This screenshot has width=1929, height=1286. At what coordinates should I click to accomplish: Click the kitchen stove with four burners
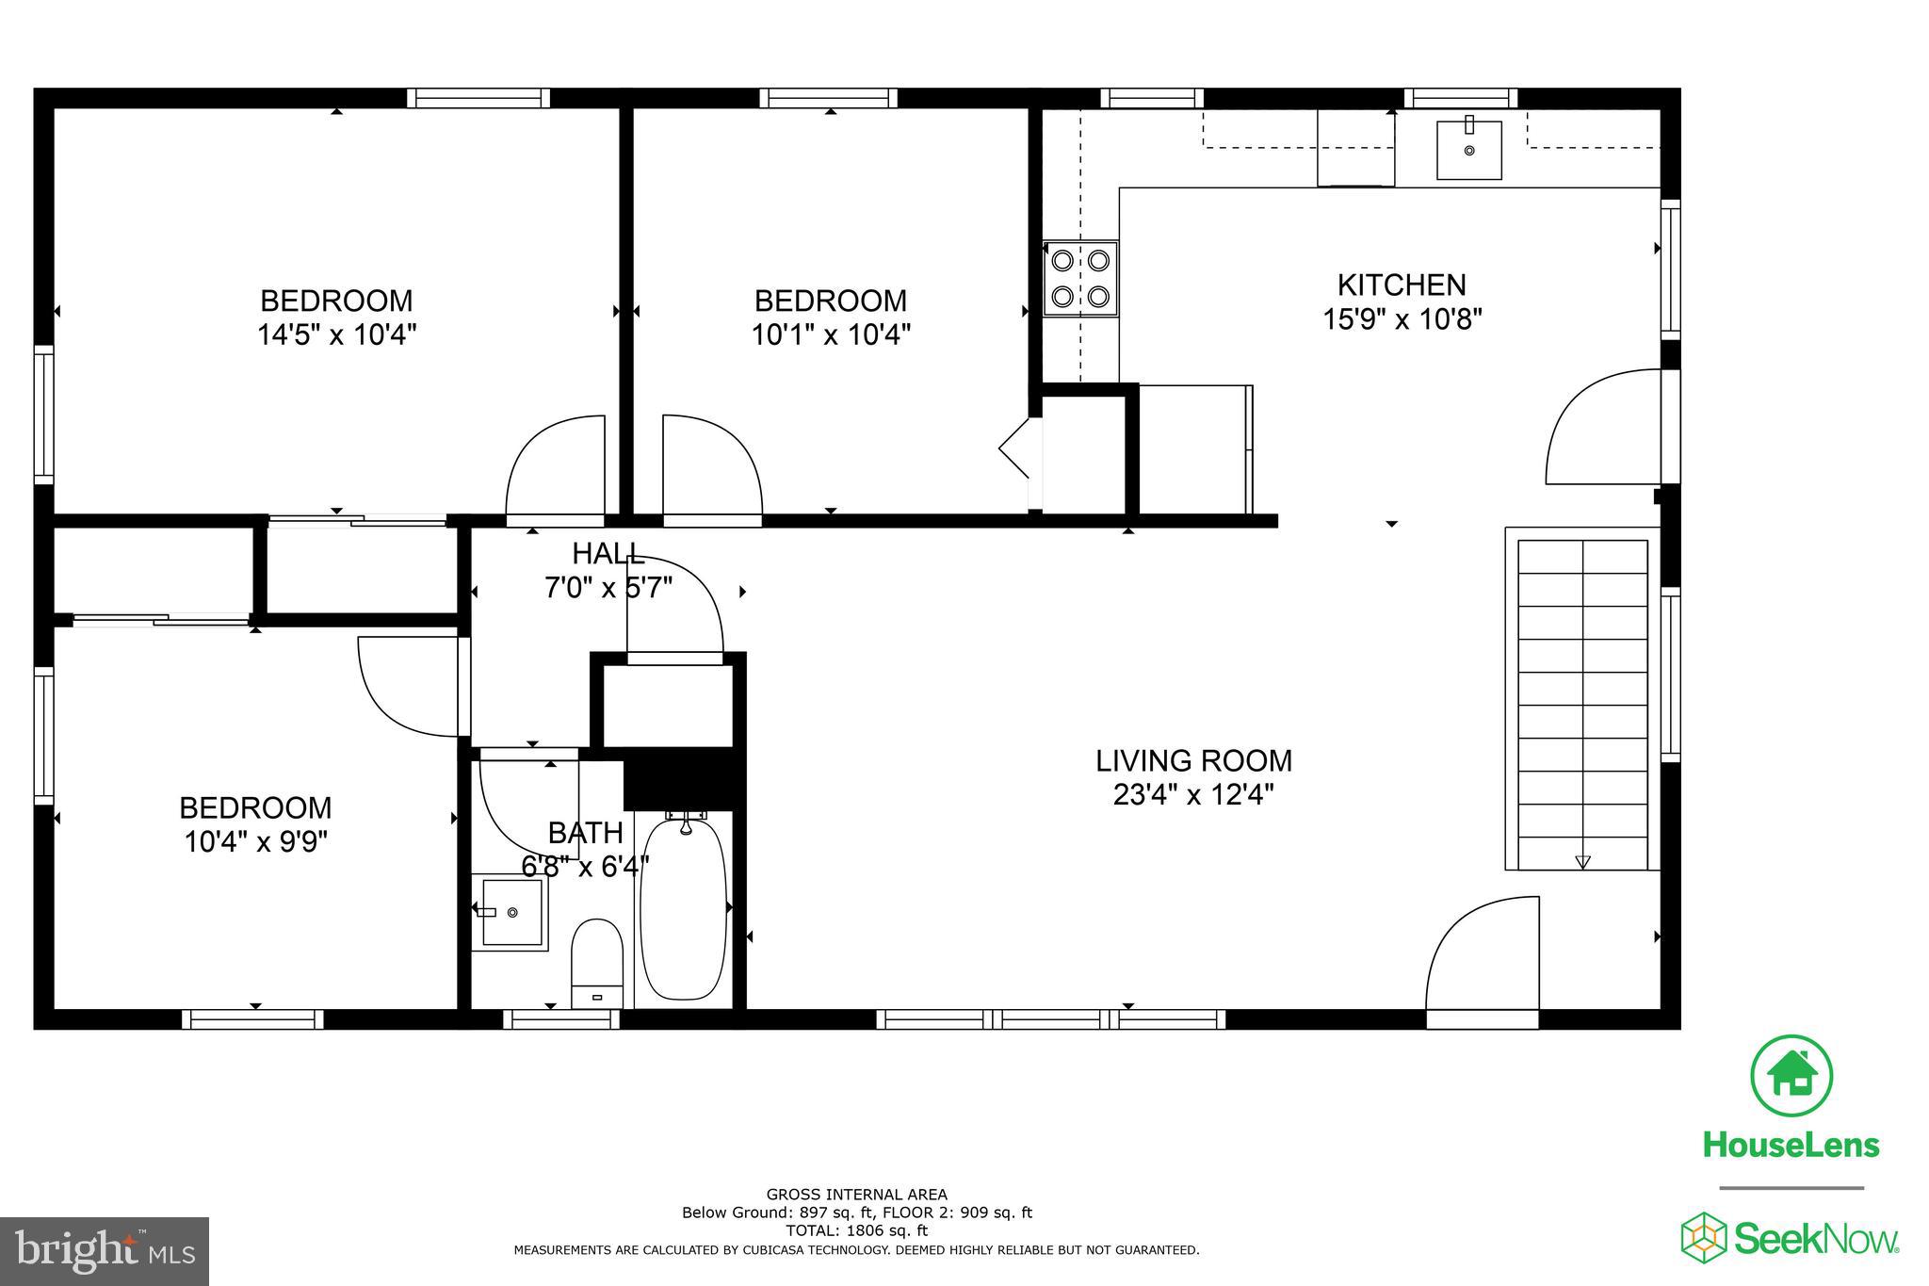click(1080, 279)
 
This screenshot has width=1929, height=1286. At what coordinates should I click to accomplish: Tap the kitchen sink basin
click(1468, 149)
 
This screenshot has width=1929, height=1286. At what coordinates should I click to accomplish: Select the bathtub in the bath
click(684, 909)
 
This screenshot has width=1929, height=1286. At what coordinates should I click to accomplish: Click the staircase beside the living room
click(1582, 703)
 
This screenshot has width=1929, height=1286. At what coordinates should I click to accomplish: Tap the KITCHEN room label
click(1402, 285)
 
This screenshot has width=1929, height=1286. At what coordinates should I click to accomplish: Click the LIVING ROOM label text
click(1192, 760)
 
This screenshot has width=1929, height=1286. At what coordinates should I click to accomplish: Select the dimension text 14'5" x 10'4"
click(336, 334)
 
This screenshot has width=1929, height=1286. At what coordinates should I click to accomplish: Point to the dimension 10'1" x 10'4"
click(830, 334)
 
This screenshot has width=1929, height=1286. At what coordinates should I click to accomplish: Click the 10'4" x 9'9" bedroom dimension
click(255, 841)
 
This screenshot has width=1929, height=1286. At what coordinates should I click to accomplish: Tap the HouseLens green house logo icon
click(1791, 1075)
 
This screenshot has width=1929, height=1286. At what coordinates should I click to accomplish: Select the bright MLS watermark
click(105, 1250)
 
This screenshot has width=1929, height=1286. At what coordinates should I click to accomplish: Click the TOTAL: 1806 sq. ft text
click(856, 1230)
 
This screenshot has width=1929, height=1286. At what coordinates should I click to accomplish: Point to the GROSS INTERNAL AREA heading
click(856, 1195)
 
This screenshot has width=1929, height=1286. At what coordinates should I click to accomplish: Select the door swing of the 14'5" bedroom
click(556, 467)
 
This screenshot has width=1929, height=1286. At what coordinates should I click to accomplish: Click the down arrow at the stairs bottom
click(1582, 861)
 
